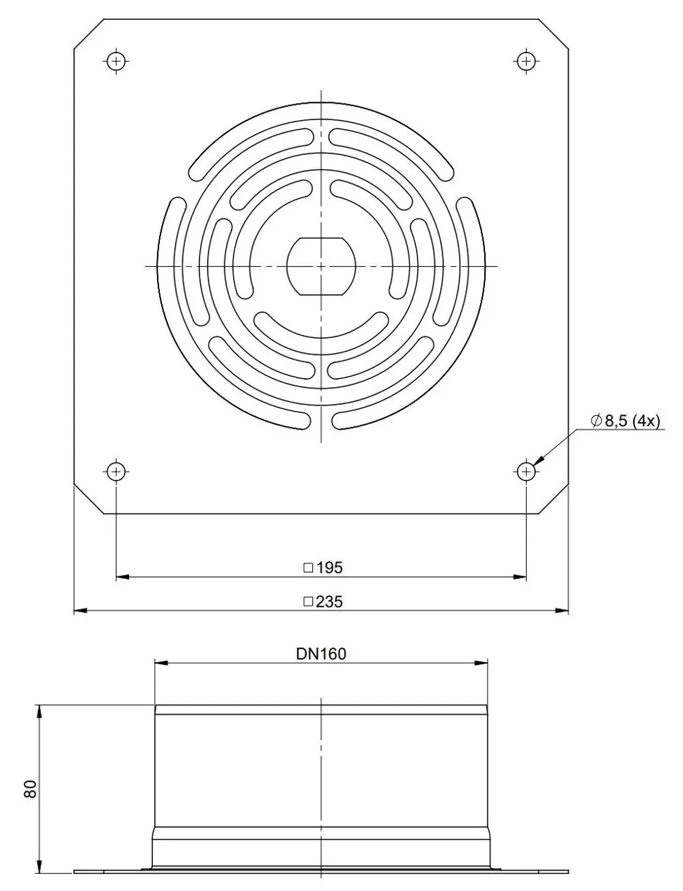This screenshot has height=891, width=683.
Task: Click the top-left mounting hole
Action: [117, 61]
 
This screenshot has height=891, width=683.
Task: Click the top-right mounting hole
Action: [526, 61]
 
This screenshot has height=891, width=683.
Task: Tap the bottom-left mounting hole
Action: [117, 472]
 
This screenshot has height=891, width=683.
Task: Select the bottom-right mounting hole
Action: [526, 472]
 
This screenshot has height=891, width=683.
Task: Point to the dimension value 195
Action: [329, 568]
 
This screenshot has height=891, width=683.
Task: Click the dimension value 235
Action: [329, 602]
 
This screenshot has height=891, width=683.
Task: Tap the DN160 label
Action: [321, 654]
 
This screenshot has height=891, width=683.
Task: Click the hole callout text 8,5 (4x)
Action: [632, 421]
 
